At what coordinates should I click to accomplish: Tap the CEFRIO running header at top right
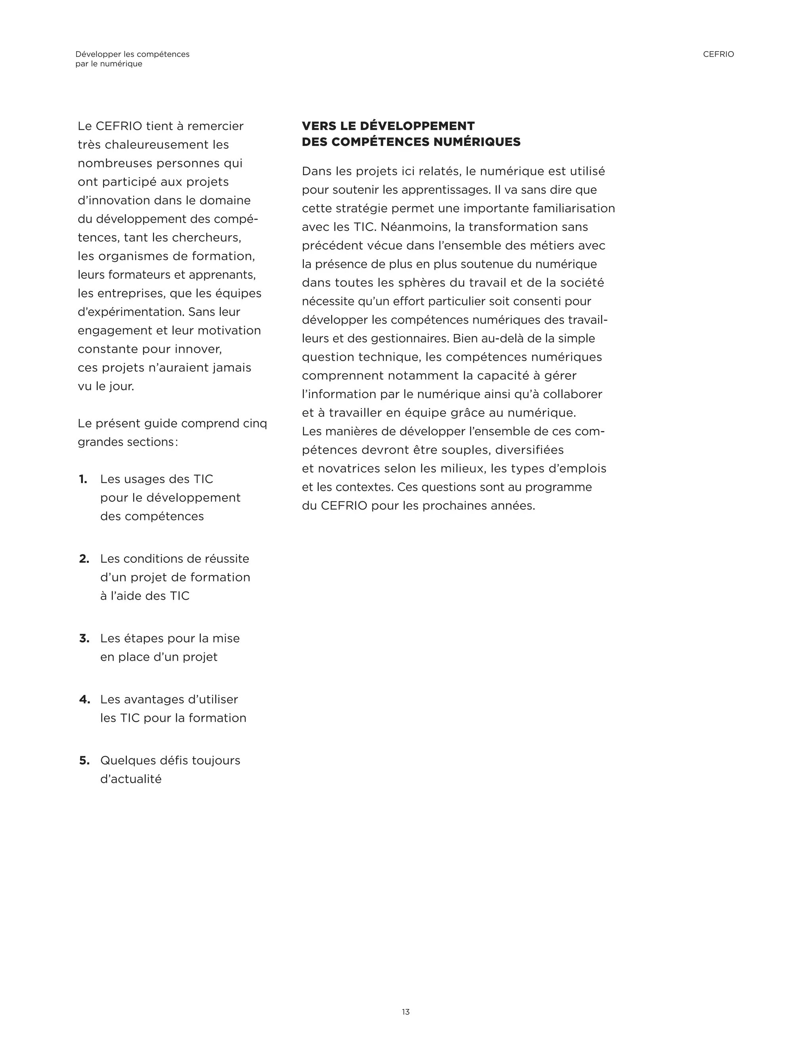click(718, 54)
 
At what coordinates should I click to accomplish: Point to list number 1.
click(83, 479)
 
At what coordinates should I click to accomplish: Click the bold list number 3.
click(84, 639)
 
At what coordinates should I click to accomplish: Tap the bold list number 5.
click(84, 761)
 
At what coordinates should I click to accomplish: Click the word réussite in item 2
click(226, 559)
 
